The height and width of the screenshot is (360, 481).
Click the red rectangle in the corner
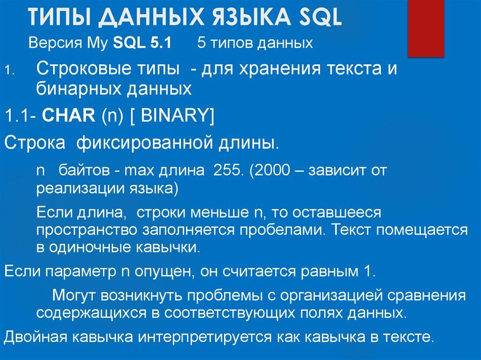click(x=425, y=26)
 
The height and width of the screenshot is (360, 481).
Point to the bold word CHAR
click(x=69, y=114)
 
